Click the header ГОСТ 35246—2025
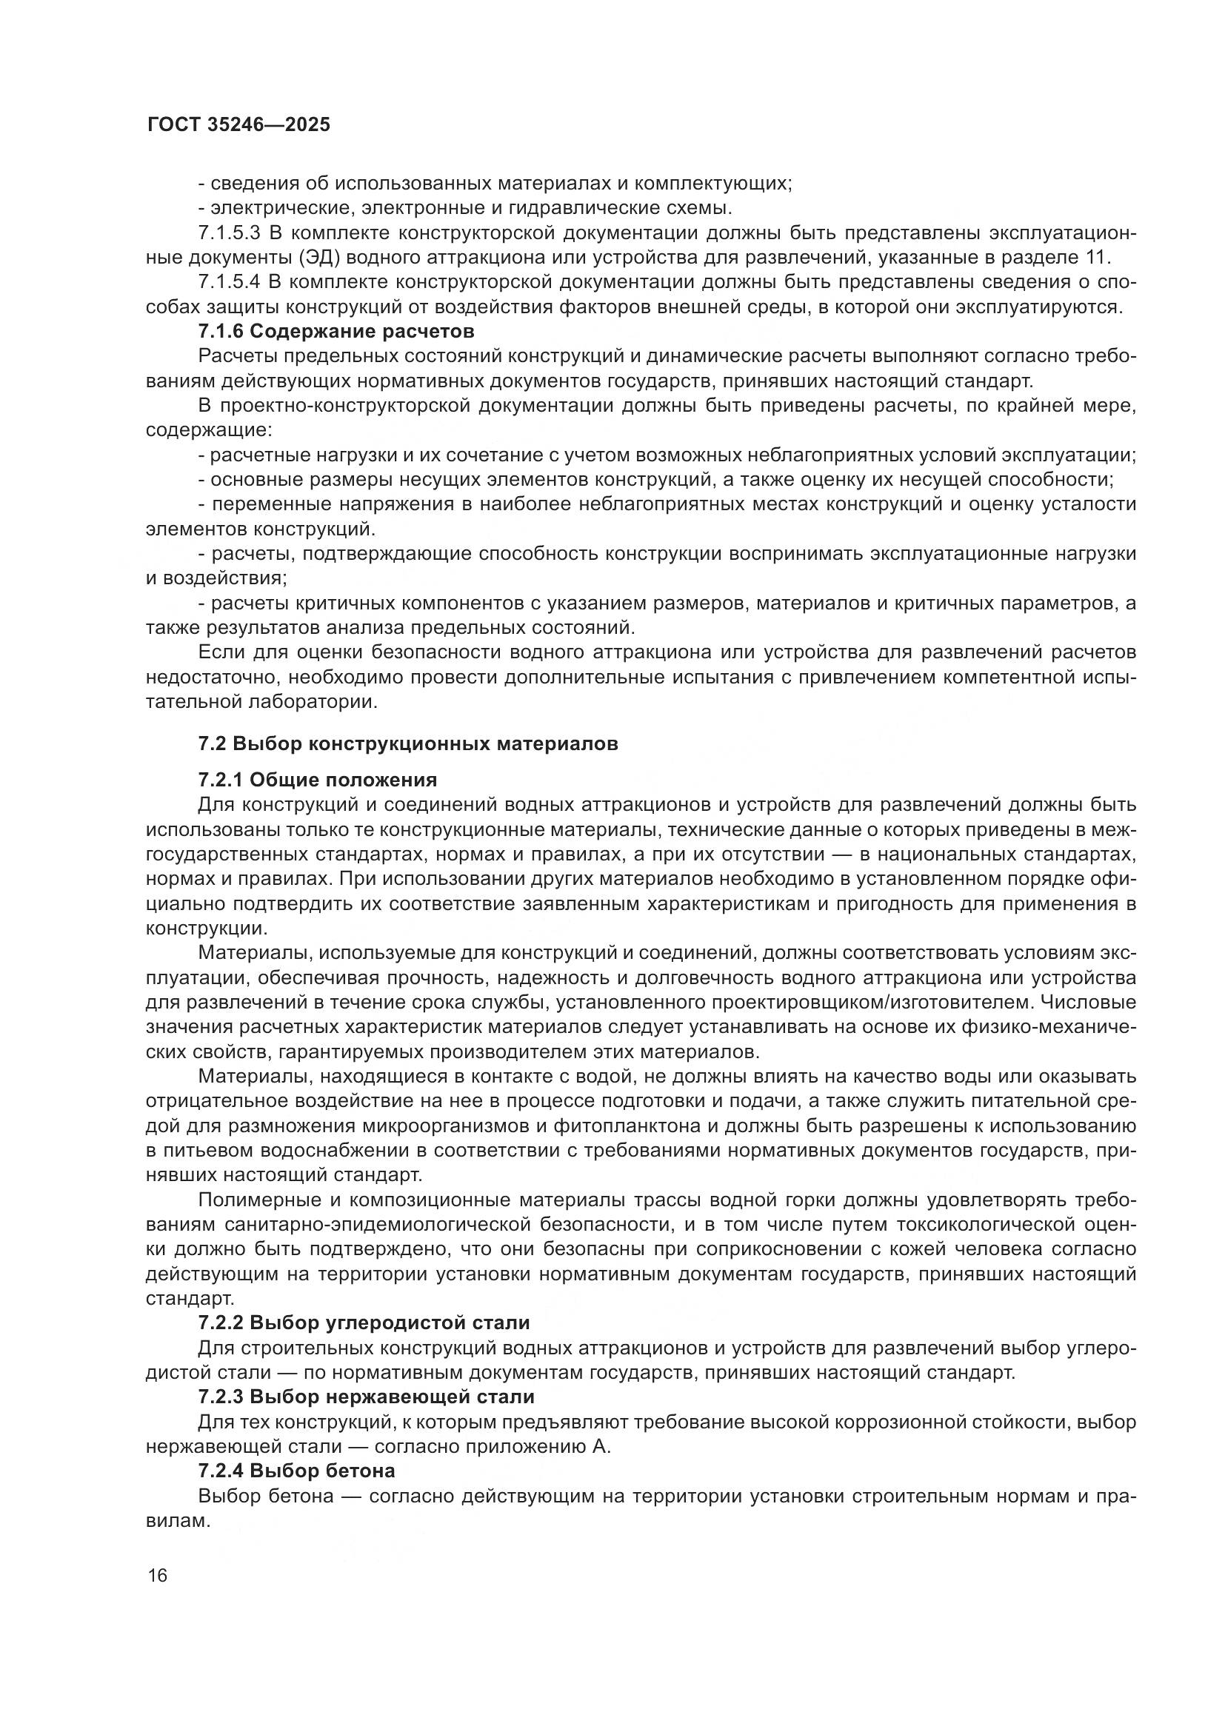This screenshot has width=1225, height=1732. [x=238, y=125]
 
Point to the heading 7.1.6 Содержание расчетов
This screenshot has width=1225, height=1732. [x=336, y=331]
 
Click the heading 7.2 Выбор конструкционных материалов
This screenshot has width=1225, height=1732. [x=408, y=743]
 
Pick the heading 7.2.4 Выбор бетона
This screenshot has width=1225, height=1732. [x=296, y=1471]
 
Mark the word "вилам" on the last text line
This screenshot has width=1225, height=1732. [x=176, y=1520]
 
